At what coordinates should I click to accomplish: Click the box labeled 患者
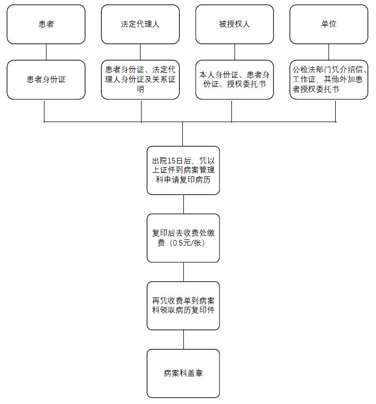point(46,24)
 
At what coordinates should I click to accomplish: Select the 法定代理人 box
point(140,24)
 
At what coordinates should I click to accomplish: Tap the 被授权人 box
point(234,24)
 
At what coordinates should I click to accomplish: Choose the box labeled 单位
point(328,24)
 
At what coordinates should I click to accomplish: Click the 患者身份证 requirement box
point(46,80)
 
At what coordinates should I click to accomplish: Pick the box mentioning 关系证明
point(140,80)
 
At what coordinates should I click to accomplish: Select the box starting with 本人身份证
point(234,80)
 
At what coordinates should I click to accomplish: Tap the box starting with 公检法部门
point(328,80)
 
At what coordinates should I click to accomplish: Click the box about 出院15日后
point(183,170)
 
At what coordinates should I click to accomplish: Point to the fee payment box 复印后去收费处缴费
point(183,238)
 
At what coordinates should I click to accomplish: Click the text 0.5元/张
point(189,243)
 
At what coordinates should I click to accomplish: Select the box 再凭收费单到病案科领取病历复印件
point(183,306)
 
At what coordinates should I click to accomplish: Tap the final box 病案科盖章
point(183,373)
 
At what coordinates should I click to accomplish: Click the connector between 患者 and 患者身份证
point(46,52)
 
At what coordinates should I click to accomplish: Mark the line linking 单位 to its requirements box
point(328,52)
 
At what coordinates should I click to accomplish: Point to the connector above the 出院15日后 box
point(183,134)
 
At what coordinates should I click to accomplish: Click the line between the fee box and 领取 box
point(183,272)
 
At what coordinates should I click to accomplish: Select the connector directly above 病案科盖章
point(183,339)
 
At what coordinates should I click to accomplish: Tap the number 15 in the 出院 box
point(171,161)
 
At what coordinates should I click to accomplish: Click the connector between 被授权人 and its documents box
point(234,52)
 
